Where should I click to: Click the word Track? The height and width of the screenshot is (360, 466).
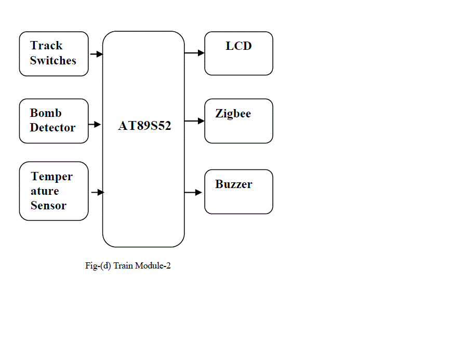tap(46, 46)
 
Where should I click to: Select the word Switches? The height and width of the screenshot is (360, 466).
tap(53, 60)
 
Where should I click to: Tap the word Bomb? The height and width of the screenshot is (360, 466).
tap(46, 113)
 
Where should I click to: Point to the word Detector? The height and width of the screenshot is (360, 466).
tap(52, 127)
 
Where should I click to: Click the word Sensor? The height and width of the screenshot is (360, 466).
tap(48, 205)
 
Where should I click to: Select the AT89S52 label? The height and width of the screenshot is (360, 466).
tap(144, 126)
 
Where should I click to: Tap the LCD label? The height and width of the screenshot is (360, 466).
tap(238, 46)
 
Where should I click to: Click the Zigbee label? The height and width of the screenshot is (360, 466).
tap(233, 114)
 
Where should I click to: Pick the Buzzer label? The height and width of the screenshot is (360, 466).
tap(234, 184)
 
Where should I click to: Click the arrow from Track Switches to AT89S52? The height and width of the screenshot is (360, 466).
tap(96, 54)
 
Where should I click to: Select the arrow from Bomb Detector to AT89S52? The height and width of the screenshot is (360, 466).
tap(95, 124)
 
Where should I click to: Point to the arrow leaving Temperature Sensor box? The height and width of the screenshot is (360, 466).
tap(97, 192)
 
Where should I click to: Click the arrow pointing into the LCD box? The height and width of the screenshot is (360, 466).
tap(194, 52)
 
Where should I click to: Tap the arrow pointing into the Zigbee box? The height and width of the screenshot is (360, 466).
tap(194, 121)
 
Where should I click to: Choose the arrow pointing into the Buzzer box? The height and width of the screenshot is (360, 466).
tap(193, 192)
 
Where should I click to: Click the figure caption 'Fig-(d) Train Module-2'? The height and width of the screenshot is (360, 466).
tap(128, 266)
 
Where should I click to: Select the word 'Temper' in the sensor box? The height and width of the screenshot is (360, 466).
tap(51, 177)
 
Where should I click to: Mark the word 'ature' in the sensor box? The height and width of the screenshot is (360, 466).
tap(45, 191)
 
